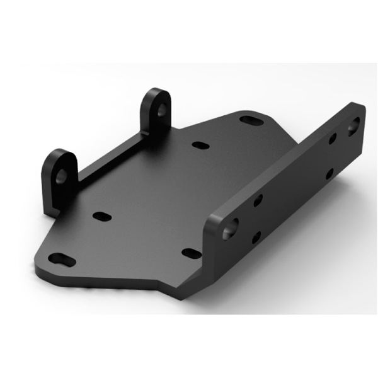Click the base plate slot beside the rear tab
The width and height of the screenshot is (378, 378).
click(200, 146)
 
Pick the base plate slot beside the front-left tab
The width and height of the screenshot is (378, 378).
click(101, 215)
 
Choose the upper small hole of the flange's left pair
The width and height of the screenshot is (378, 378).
click(258, 201)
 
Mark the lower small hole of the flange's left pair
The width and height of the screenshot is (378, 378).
click(255, 238)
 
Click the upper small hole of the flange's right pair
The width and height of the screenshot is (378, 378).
click(332, 139)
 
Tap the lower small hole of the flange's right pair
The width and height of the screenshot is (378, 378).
click(329, 173)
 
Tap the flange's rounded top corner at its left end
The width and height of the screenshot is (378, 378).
click(214, 217)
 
